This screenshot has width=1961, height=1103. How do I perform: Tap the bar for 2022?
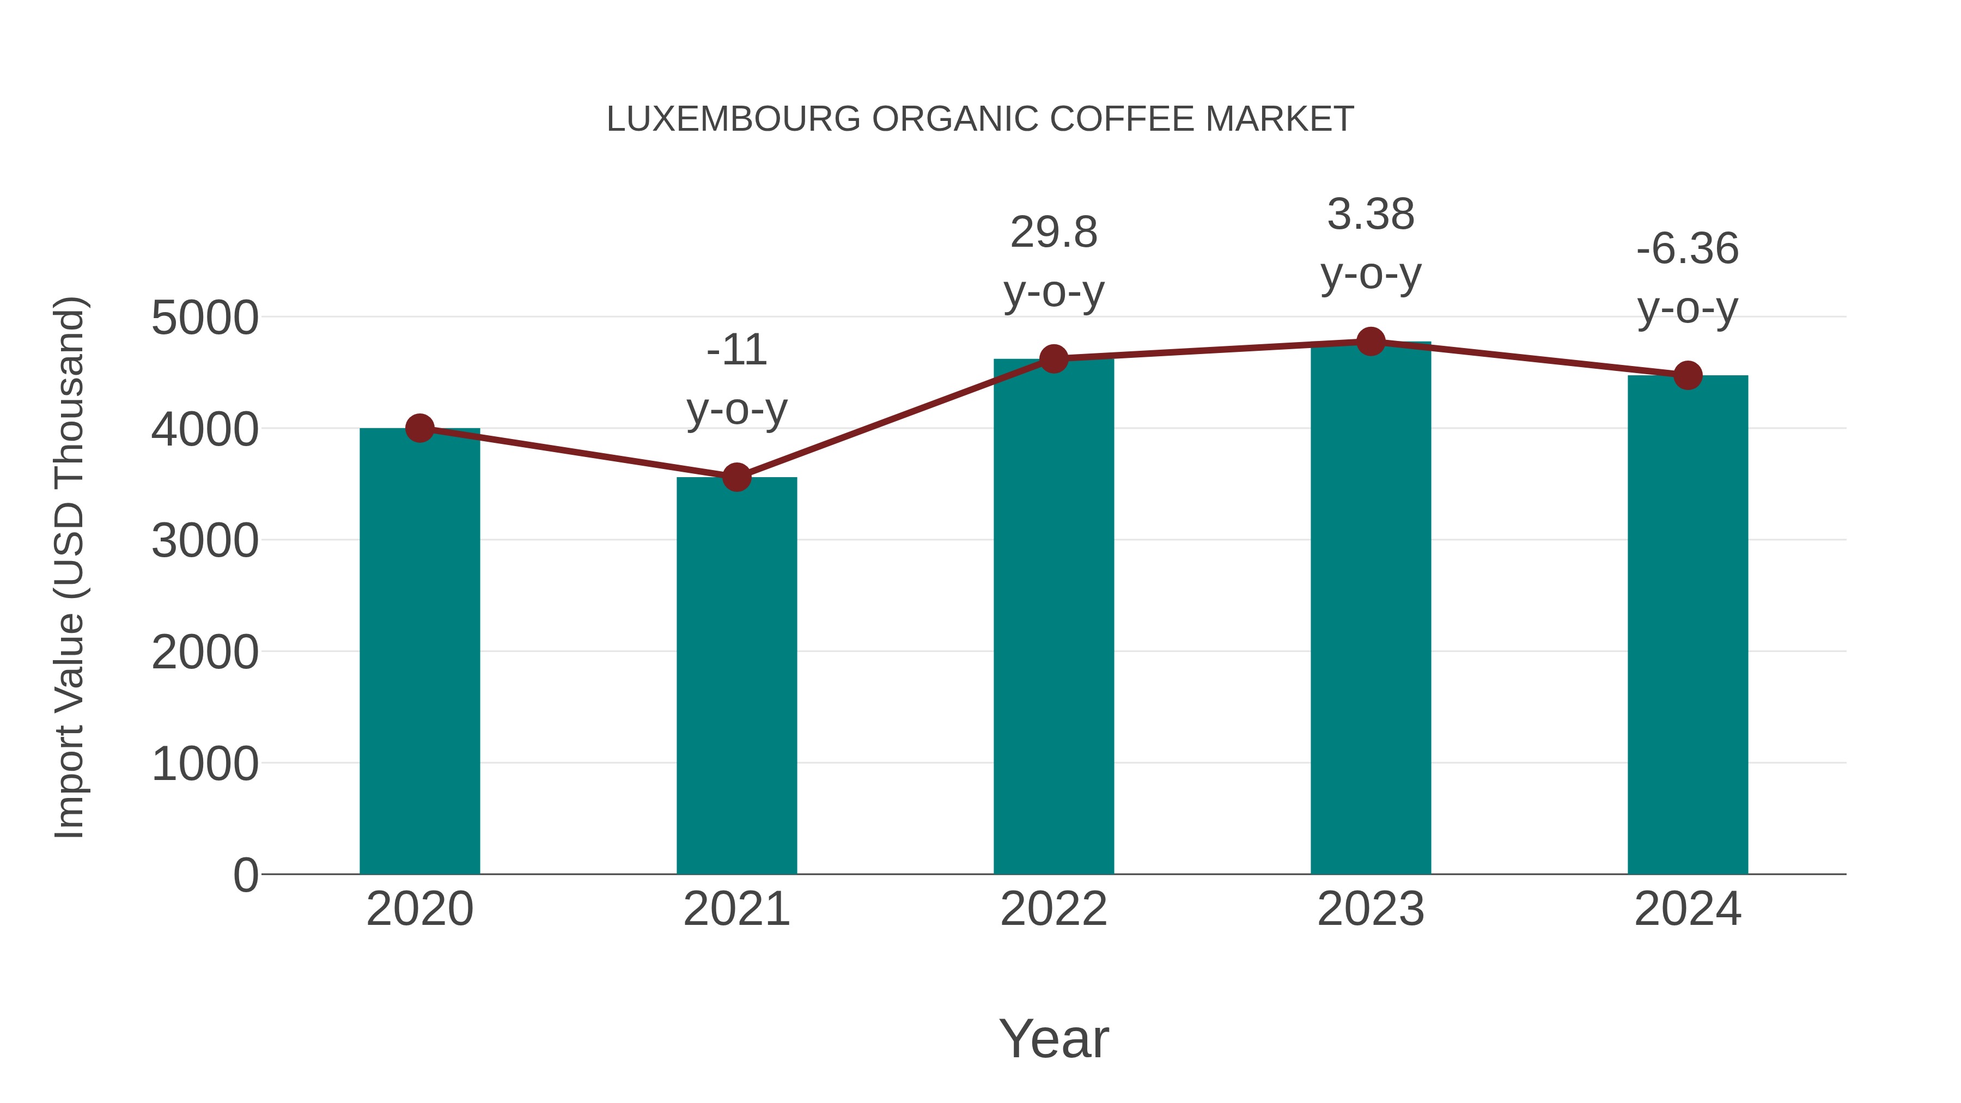1053,617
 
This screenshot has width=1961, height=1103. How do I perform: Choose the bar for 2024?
1688,624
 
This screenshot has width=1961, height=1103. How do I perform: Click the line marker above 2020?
419,429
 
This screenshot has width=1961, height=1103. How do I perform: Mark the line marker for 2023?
1371,342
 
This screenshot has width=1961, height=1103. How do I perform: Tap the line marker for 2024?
1688,375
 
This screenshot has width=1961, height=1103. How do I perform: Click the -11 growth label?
736,350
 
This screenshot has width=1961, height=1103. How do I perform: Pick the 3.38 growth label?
1371,214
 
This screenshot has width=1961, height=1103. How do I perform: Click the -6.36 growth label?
1688,249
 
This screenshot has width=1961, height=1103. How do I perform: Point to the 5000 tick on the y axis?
205,318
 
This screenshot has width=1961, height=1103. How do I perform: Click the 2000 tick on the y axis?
205,653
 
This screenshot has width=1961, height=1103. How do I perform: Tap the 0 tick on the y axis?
245,875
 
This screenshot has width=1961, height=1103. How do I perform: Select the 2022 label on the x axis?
1053,909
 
